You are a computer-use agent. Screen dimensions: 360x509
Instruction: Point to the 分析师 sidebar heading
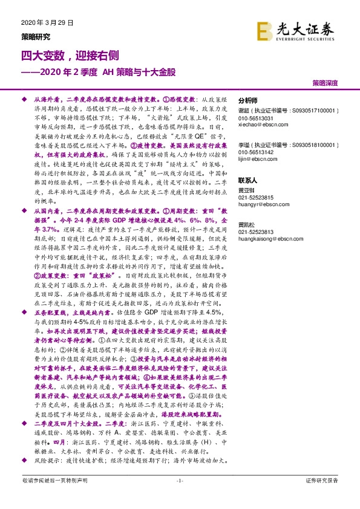[x=248, y=101]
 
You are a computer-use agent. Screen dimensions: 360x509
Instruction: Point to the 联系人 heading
[x=248, y=181]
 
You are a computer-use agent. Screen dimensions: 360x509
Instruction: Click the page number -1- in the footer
[x=179, y=497]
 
